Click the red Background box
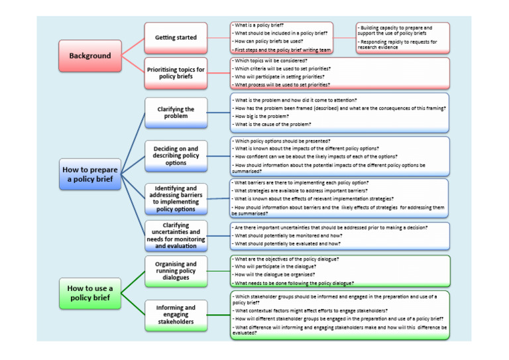click(89, 56)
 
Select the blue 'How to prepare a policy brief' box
click(89, 174)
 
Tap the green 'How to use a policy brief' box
click(89, 293)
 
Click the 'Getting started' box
click(176, 38)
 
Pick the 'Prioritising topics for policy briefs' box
click(176, 72)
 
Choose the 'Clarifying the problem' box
click(176, 113)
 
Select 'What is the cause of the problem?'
click(271, 124)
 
